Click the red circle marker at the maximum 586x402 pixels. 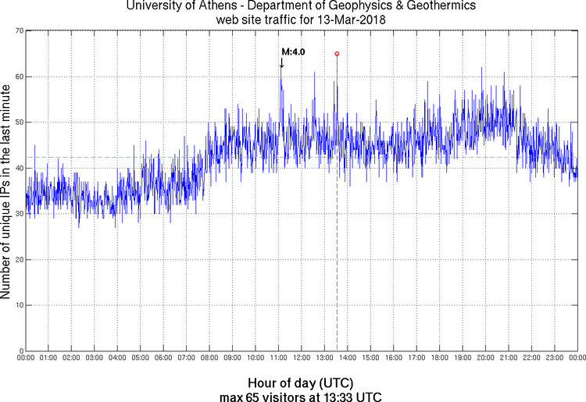coord(337,54)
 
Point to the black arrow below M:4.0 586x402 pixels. coord(281,63)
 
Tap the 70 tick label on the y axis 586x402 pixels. coord(17,30)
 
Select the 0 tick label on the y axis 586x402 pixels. coord(20,350)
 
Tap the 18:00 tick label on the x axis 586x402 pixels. coord(439,358)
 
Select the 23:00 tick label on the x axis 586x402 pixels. coord(554,358)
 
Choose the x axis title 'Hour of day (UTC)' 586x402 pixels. coord(300,382)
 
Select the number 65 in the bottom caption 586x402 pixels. coord(250,396)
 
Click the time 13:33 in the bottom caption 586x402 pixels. coord(331,396)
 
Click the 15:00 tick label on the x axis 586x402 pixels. coord(370,358)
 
